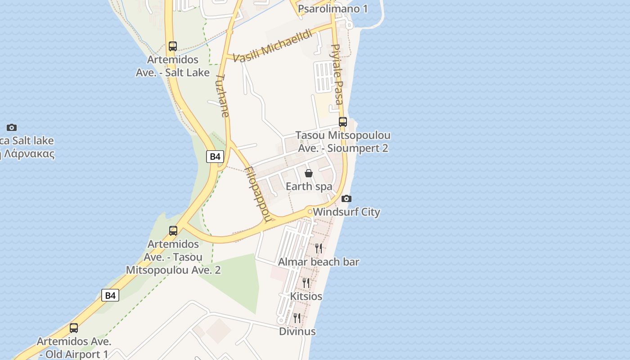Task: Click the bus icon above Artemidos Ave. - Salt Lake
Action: tap(173, 46)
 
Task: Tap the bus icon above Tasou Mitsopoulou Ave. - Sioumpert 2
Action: tap(343, 121)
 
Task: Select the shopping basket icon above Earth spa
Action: tap(309, 173)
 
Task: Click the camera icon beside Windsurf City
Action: tap(346, 198)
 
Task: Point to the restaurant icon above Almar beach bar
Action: tap(319, 248)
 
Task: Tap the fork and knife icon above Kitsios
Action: tap(306, 283)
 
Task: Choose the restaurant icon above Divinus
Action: tap(297, 318)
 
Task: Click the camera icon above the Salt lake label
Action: tap(12, 128)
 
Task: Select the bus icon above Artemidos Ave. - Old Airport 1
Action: tap(74, 328)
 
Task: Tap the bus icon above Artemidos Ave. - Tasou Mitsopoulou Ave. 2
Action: tap(173, 231)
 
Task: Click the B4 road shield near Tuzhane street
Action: tap(215, 157)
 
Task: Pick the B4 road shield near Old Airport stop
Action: tap(110, 295)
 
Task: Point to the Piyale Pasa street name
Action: tap(337, 74)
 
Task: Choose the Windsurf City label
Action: tap(346, 212)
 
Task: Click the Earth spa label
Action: tap(309, 186)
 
